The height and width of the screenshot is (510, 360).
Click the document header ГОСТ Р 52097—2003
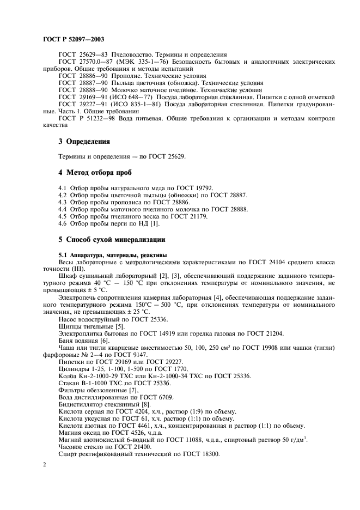[73, 39]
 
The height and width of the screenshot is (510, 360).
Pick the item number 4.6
[63, 223]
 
